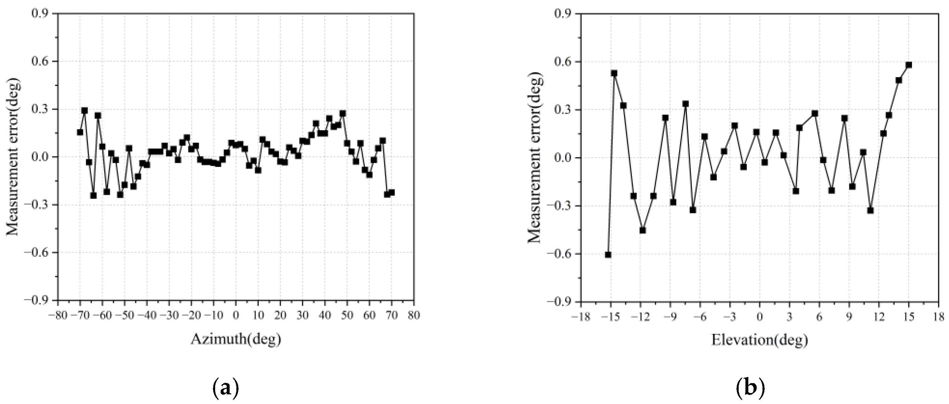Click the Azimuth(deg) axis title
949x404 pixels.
[236, 339]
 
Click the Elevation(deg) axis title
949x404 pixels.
[759, 339]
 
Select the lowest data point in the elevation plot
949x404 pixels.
[608, 255]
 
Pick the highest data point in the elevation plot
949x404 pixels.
[909, 65]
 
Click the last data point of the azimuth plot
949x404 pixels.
[392, 192]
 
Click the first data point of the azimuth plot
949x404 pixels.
[80, 132]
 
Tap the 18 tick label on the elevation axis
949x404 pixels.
[939, 316]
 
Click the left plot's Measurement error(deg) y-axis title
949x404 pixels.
[13, 157]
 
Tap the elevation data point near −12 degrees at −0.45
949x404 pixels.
[643, 230]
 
